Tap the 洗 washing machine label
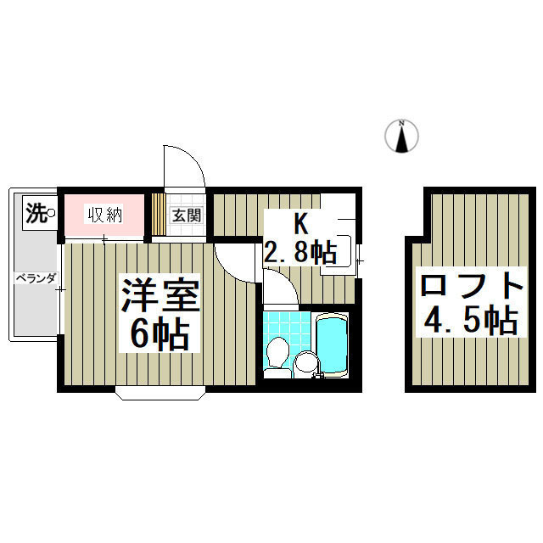[35, 211]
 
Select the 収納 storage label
[105, 215]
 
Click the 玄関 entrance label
[187, 216]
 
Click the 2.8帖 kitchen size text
[300, 252]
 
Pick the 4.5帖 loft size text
[469, 321]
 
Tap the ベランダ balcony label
[34, 277]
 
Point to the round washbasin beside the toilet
[305, 363]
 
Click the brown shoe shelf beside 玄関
[158, 215]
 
